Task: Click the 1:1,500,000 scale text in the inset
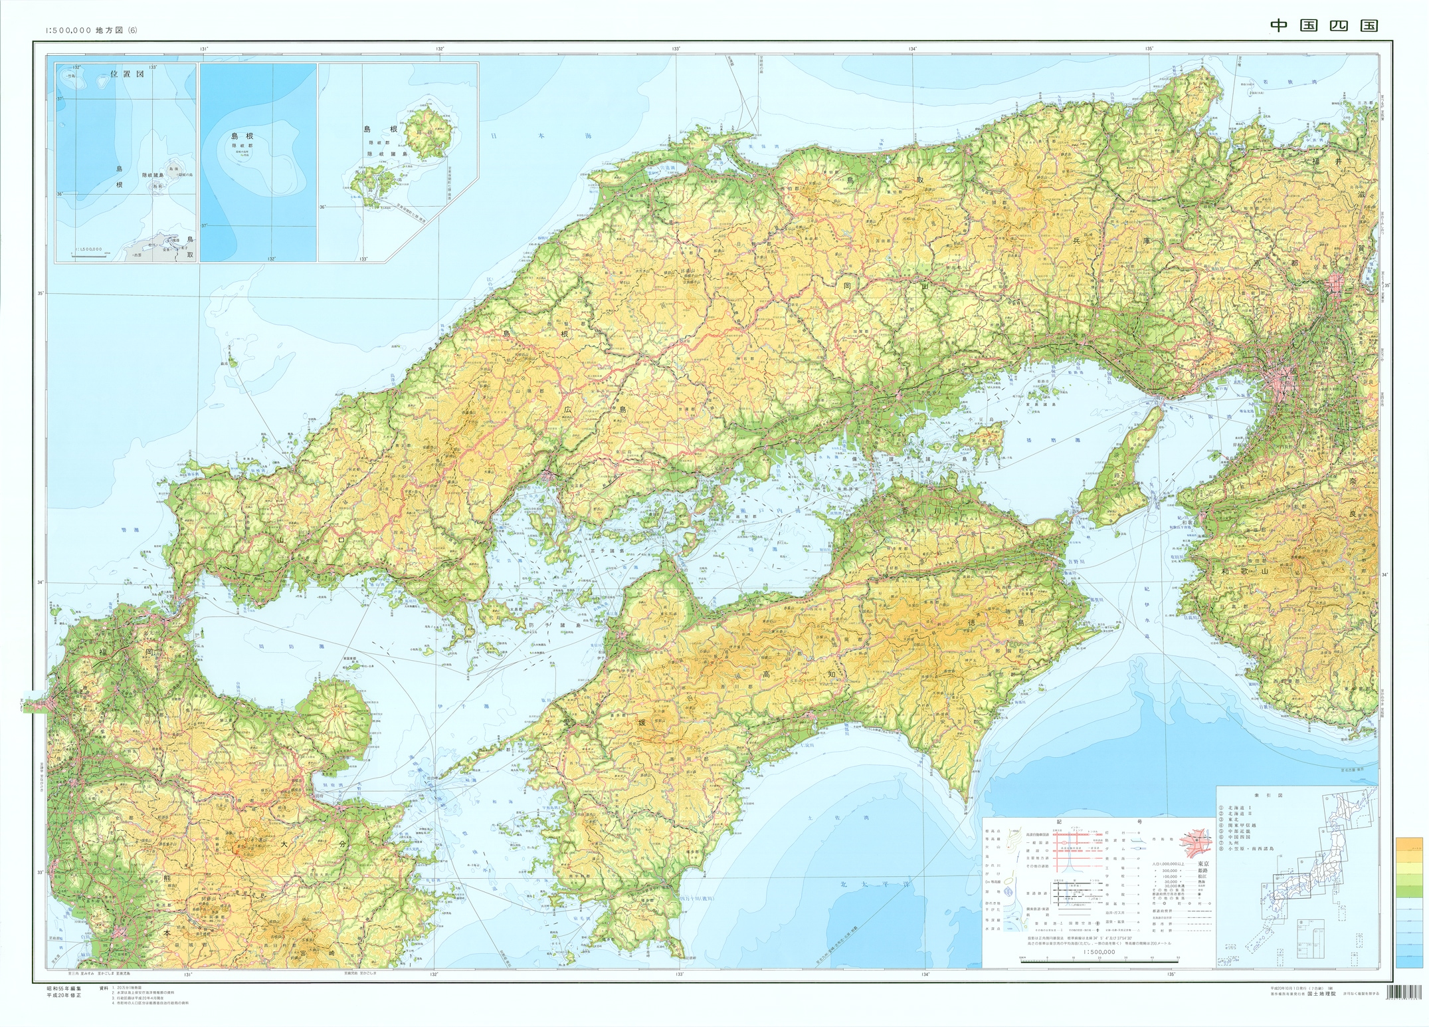click(x=87, y=249)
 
